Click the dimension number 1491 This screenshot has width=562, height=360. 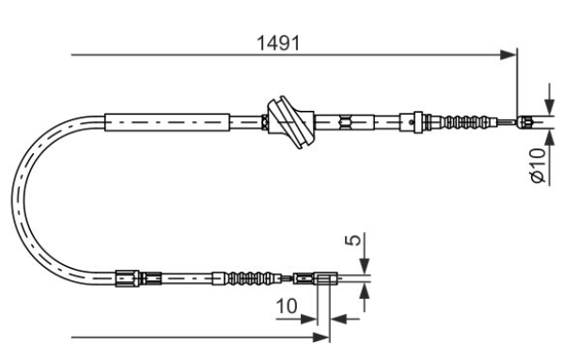(x=278, y=43)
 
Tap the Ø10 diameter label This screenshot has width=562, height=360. (x=538, y=165)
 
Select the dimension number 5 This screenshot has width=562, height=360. (x=353, y=241)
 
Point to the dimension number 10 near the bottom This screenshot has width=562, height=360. (x=287, y=305)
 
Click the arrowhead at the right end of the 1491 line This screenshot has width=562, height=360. (x=508, y=55)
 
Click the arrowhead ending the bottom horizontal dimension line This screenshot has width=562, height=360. (x=321, y=337)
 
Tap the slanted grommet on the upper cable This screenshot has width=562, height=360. (x=290, y=122)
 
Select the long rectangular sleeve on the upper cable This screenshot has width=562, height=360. (x=167, y=122)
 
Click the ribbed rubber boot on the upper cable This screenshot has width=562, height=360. (x=463, y=122)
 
